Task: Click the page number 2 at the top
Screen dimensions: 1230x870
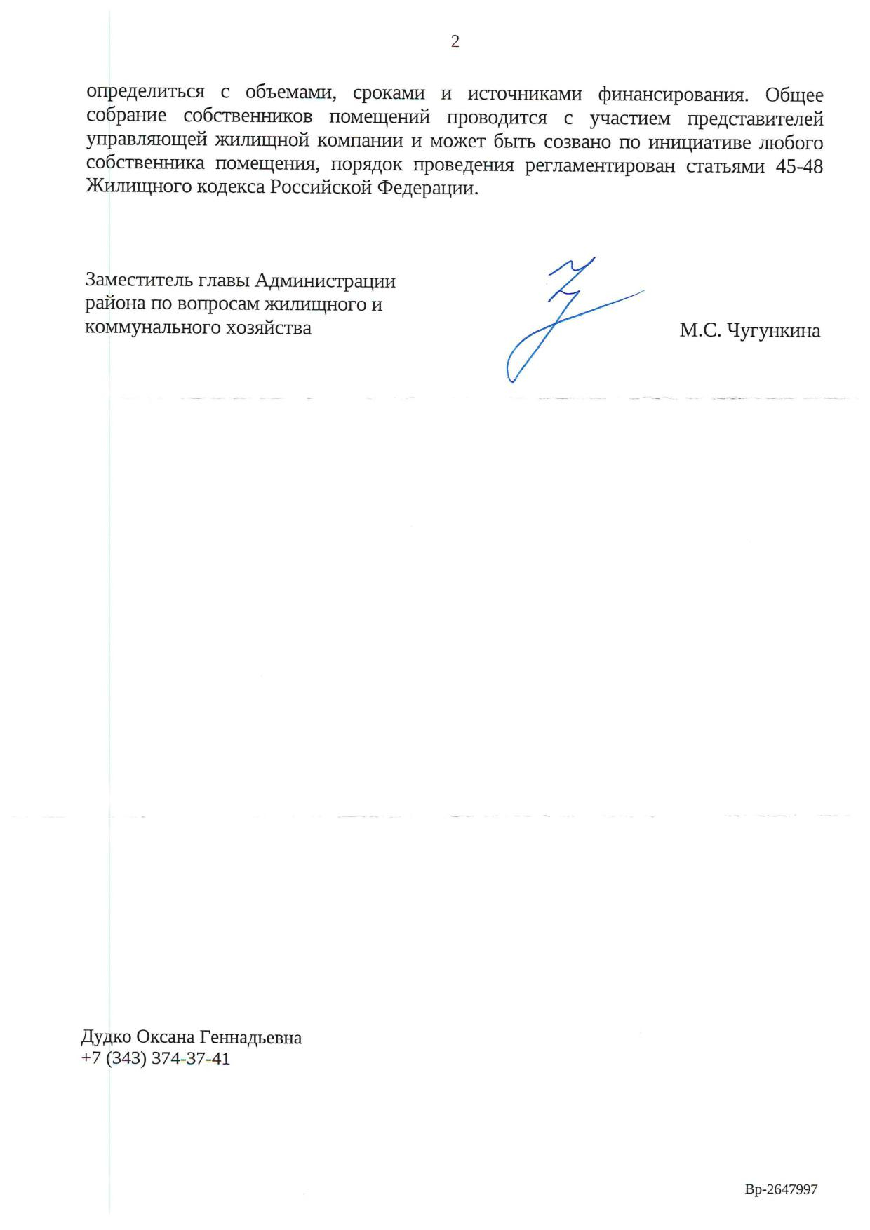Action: (455, 42)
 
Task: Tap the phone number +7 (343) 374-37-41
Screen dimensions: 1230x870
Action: (156, 1059)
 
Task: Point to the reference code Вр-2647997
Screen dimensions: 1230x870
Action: (781, 1189)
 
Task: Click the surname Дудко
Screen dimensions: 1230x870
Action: (106, 1037)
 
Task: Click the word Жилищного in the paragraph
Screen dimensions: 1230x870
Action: (130, 189)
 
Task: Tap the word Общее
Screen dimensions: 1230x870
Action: (794, 94)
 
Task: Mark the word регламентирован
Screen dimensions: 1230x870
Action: (600, 166)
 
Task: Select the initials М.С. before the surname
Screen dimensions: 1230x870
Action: (700, 330)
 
